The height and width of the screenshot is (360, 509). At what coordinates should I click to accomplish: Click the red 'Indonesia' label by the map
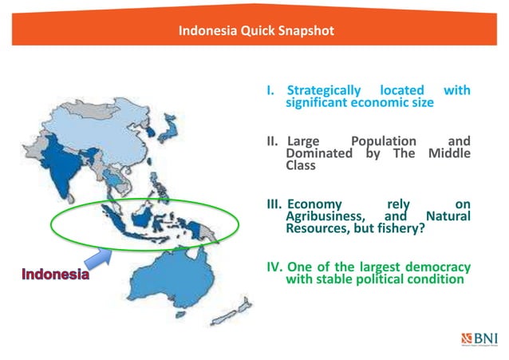click(x=55, y=276)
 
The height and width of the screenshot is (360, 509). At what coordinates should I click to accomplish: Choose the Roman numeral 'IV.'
click(x=273, y=267)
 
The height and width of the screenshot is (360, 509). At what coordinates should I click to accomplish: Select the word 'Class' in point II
click(x=301, y=166)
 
